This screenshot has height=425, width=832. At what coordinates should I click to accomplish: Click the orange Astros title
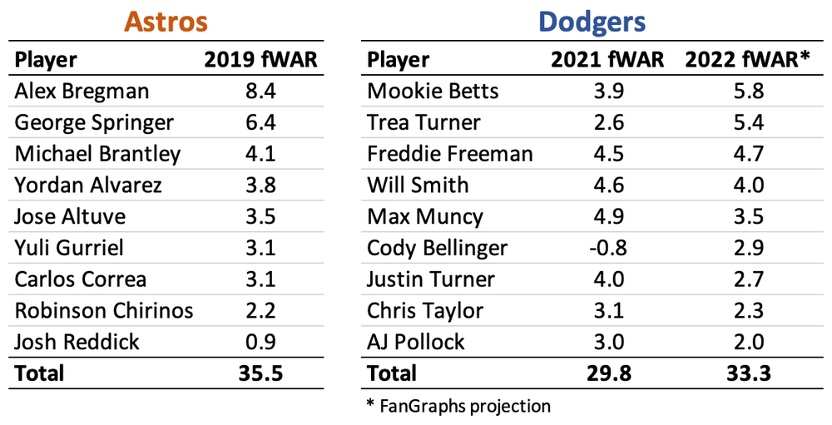tap(166, 22)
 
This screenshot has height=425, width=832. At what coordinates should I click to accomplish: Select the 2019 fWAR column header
tap(261, 60)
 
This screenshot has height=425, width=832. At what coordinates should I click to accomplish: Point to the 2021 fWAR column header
tap(607, 60)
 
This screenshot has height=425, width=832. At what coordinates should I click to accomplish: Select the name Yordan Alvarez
tap(87, 185)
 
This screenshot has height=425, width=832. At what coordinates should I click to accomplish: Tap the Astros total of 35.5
tap(261, 373)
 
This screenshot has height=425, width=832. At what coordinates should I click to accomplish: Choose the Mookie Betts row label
tap(433, 91)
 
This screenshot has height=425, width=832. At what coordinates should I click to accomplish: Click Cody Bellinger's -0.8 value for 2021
tap(607, 248)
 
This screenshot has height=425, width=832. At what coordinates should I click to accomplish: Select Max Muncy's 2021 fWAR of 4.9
tap(607, 216)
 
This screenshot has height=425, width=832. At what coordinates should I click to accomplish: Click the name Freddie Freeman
tap(450, 154)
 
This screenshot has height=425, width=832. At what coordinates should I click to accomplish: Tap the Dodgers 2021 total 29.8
tap(607, 373)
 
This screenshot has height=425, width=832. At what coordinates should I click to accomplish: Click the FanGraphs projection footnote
tap(458, 406)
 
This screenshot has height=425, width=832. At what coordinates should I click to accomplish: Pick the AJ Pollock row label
tap(416, 342)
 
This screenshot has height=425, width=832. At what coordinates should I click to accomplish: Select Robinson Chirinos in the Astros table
tap(104, 310)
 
